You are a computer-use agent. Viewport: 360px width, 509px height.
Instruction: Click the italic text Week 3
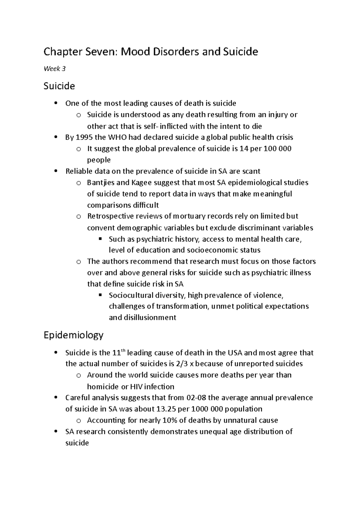54,69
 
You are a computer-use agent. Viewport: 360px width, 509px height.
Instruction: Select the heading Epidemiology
73,335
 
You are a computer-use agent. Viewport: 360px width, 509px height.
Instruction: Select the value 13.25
166,409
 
